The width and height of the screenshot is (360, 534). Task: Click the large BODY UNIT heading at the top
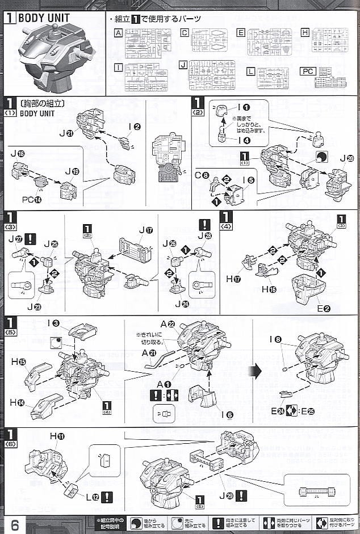(44, 18)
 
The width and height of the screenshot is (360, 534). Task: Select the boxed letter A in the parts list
(118, 33)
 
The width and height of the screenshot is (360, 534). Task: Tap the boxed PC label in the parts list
(307, 72)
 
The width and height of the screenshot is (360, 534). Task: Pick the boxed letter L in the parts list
(250, 71)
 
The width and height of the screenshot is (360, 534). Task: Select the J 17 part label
(146, 231)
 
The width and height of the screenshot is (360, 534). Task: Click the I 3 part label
(54, 323)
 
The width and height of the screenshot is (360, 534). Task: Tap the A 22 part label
(167, 324)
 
